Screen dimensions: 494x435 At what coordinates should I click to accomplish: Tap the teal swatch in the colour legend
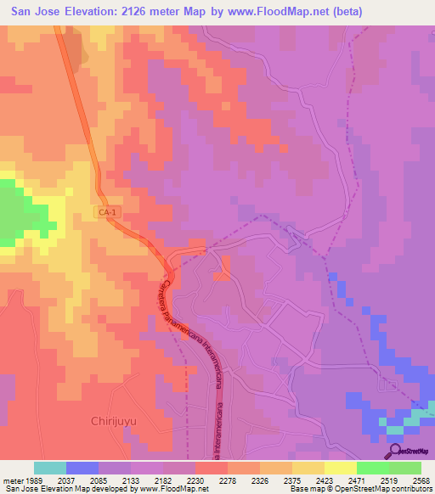click(50, 468)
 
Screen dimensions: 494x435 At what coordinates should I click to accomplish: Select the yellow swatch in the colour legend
click(341, 468)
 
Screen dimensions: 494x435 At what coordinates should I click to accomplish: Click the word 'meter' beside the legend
click(13, 480)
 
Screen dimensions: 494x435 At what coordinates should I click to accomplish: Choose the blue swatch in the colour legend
click(82, 468)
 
